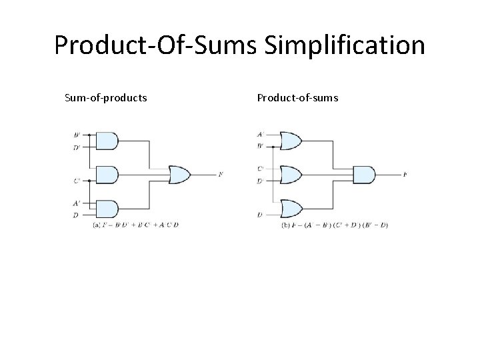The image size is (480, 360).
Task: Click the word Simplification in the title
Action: [345, 46]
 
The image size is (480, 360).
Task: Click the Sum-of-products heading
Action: [106, 98]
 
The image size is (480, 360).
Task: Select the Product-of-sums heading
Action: [297, 98]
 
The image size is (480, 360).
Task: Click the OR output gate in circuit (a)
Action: [179, 175]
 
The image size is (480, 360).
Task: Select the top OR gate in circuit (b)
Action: [291, 141]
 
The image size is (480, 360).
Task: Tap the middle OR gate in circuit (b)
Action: [291, 175]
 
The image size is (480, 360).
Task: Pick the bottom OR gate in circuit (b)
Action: [291, 209]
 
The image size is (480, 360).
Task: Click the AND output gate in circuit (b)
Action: [363, 175]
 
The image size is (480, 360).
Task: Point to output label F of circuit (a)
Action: [221, 175]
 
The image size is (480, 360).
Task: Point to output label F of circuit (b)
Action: [405, 175]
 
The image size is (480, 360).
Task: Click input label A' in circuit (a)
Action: [77, 203]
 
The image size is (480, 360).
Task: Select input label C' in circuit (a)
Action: [77, 180]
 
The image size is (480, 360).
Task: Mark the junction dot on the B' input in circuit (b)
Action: [273, 145]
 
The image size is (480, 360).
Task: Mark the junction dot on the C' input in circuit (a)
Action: [89, 180]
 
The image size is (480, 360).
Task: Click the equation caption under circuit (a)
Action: [136, 225]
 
